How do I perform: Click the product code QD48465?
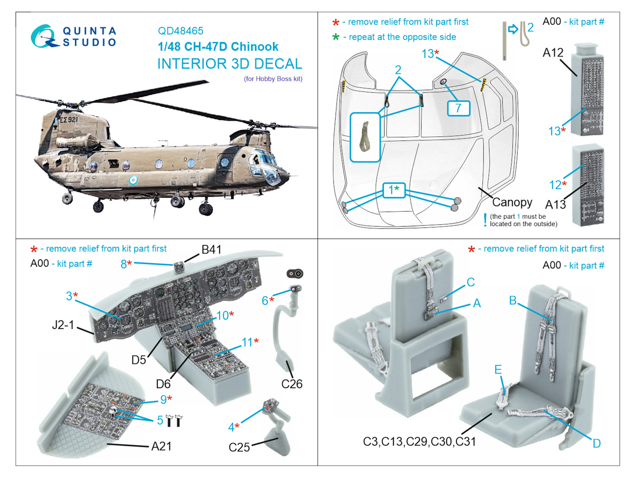pyautogui.click(x=181, y=31)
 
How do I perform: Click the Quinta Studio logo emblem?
pyautogui.click(x=45, y=36)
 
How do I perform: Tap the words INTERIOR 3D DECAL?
pyautogui.click(x=230, y=64)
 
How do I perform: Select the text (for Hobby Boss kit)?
pyautogui.click(x=273, y=79)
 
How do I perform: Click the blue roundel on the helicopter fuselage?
pyautogui.click(x=133, y=180)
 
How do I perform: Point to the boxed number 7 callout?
pyautogui.click(x=458, y=108)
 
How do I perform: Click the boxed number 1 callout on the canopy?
pyautogui.click(x=394, y=190)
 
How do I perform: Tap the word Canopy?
pyautogui.click(x=512, y=202)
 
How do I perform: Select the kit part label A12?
pyautogui.click(x=553, y=53)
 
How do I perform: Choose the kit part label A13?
pyautogui.click(x=555, y=205)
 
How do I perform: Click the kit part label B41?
pyautogui.click(x=212, y=249)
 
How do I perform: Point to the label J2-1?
pyautogui.click(x=63, y=325)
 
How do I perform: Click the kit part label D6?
pyautogui.click(x=163, y=384)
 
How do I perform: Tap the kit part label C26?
pyautogui.click(x=292, y=384)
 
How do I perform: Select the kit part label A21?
pyautogui.click(x=162, y=446)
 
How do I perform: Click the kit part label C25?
pyautogui.click(x=239, y=447)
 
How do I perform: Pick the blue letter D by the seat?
pyautogui.click(x=597, y=443)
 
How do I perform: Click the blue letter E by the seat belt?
pyautogui.click(x=498, y=370)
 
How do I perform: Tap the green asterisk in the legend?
pyautogui.click(x=336, y=37)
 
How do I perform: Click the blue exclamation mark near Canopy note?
pyautogui.click(x=485, y=220)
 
